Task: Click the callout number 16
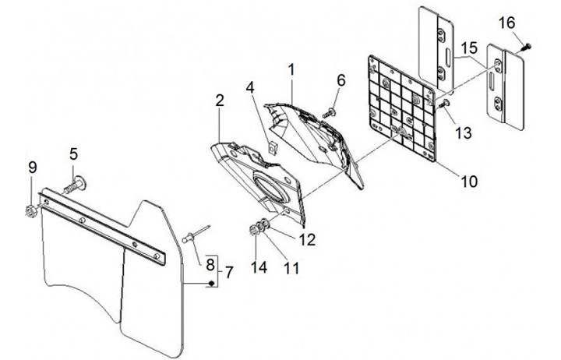(507, 23)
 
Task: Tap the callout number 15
(467, 48)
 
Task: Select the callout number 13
(464, 132)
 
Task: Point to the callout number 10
(468, 182)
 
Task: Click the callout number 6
(340, 80)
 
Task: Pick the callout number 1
(291, 69)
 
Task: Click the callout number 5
(74, 153)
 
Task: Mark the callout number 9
(32, 167)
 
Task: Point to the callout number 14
(258, 267)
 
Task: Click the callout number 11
(291, 267)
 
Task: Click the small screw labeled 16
(527, 47)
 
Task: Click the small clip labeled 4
(271, 144)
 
